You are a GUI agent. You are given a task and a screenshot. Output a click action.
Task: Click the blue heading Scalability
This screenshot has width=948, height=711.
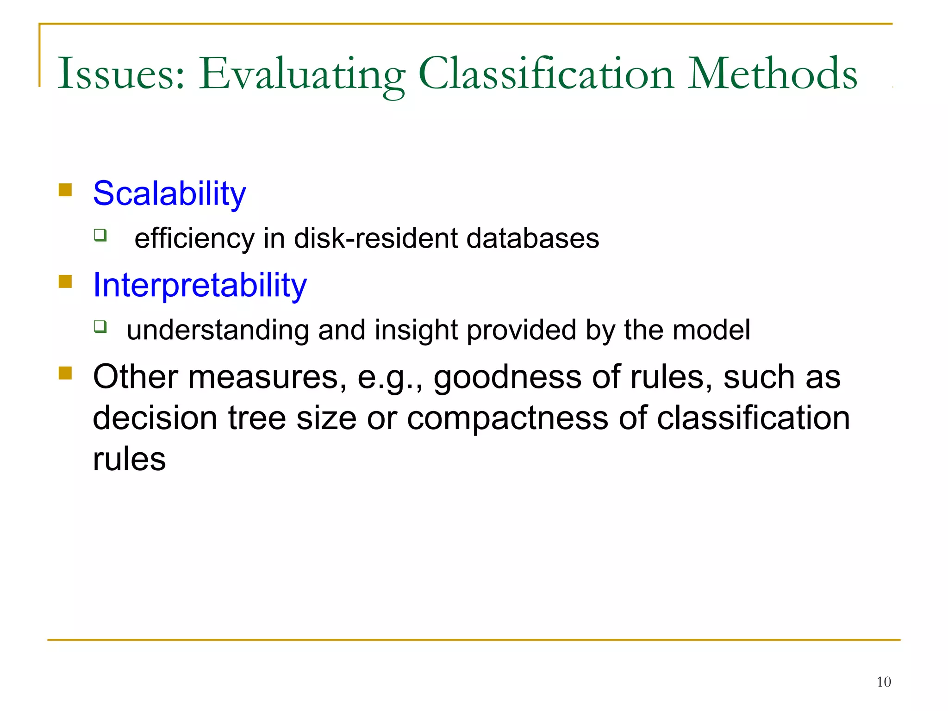coord(169,193)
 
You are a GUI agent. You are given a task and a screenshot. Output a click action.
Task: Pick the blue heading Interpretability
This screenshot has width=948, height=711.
coord(200,285)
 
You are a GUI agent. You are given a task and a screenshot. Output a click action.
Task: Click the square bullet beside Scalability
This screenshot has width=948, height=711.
coord(65,190)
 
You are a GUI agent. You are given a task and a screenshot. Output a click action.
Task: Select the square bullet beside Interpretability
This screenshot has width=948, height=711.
coord(65,281)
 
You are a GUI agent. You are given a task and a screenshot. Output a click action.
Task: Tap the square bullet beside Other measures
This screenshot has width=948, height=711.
coord(65,373)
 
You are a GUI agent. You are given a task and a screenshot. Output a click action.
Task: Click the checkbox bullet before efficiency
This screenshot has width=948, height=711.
coord(100,235)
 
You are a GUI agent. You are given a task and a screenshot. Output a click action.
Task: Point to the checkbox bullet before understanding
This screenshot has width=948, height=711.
coord(100,327)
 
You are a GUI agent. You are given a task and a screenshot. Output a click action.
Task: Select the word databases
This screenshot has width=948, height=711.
coord(532,238)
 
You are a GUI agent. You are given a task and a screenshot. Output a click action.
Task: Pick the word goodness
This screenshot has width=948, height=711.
coord(507,377)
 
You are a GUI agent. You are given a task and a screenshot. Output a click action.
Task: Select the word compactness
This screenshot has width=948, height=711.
coord(507,418)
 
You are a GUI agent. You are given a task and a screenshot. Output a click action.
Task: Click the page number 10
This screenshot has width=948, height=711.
coord(883,682)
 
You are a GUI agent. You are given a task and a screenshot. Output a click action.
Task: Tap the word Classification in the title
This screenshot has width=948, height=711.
coord(546,74)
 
